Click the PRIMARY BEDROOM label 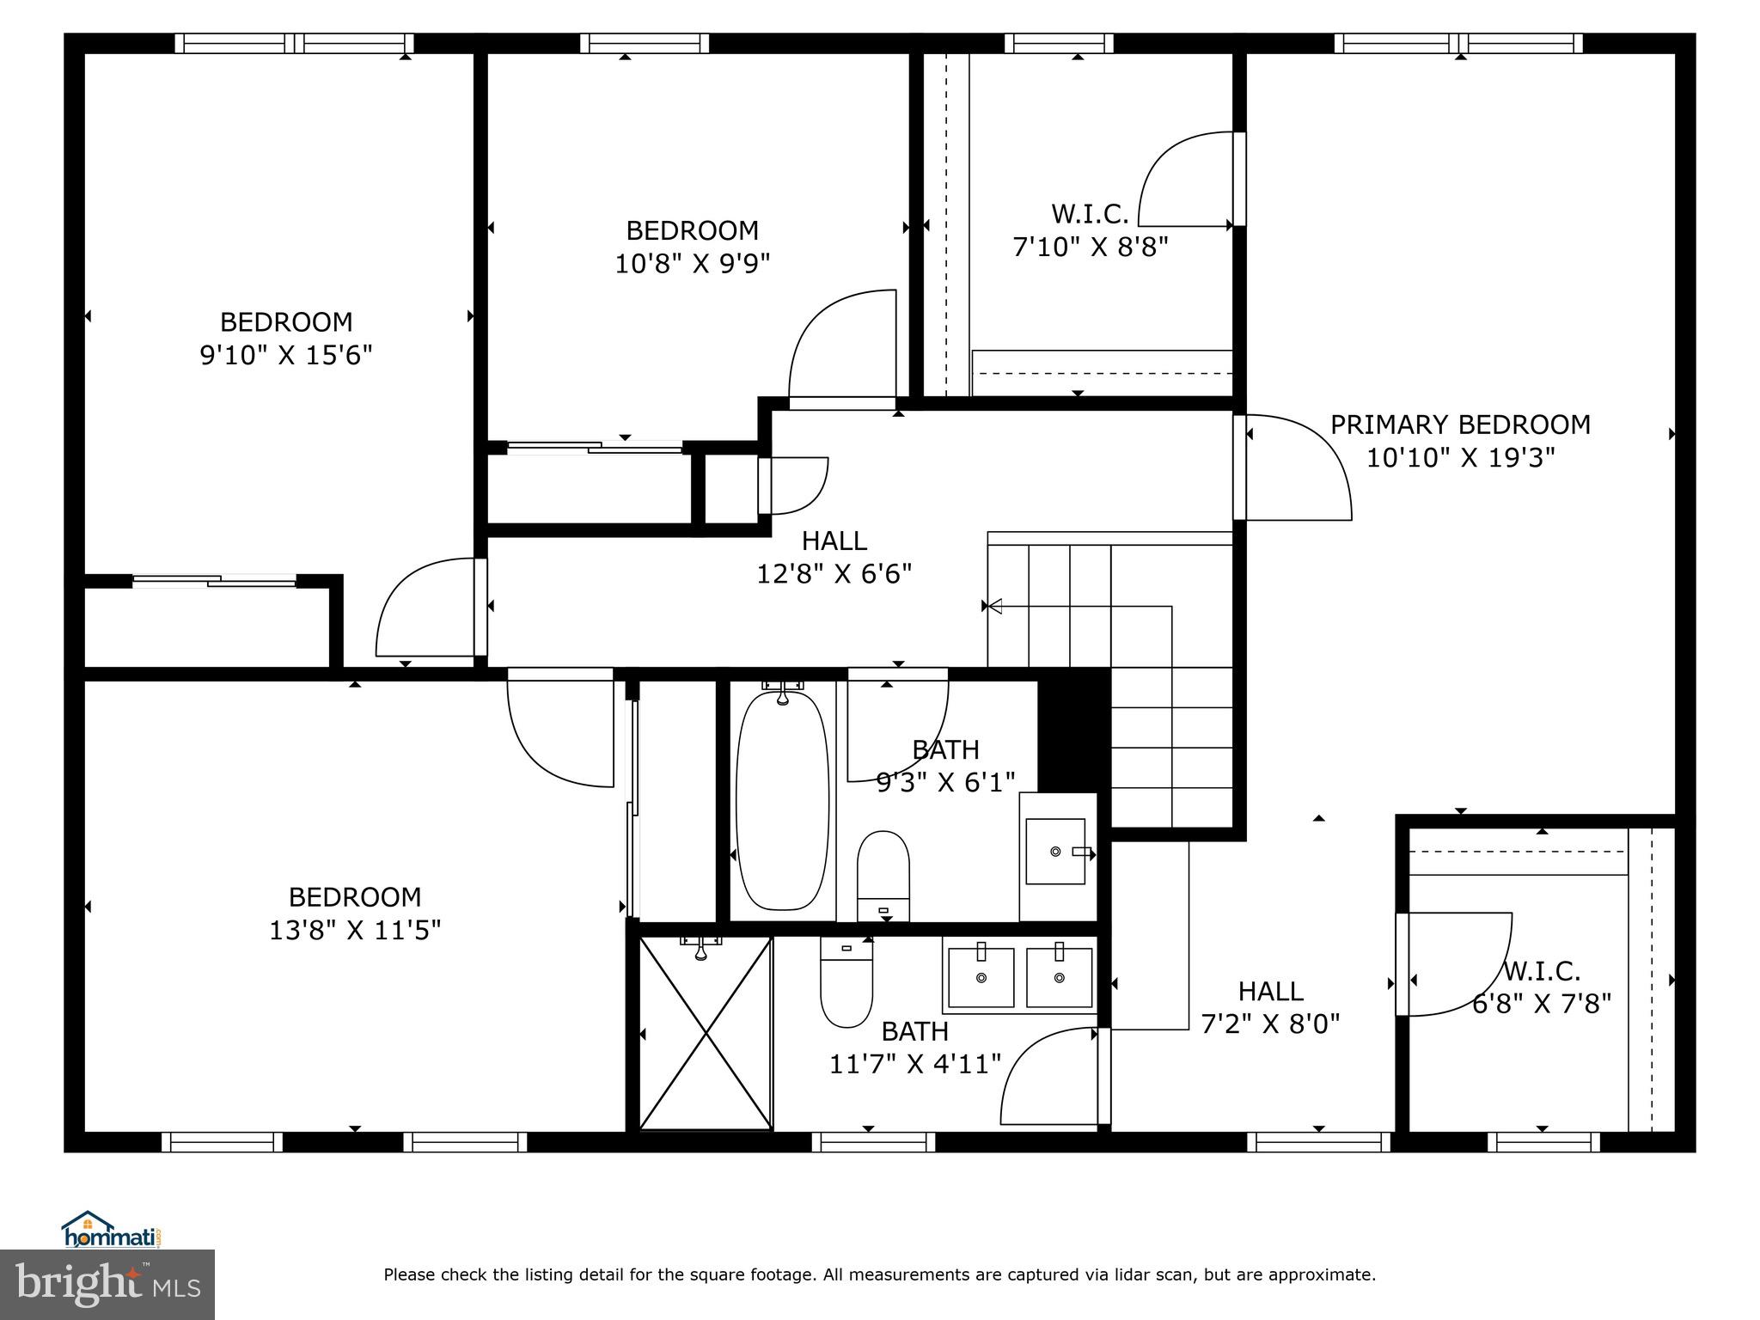[1460, 425]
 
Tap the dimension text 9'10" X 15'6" [286, 355]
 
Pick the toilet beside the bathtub [883, 876]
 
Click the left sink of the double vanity [981, 977]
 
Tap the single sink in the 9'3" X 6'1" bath [1056, 851]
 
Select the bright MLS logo [107, 1285]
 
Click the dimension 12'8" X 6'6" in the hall [834, 573]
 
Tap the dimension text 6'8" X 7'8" [1542, 1004]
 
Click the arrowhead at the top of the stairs [994, 607]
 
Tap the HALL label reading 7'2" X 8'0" [1270, 992]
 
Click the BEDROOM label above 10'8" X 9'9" [692, 230]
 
